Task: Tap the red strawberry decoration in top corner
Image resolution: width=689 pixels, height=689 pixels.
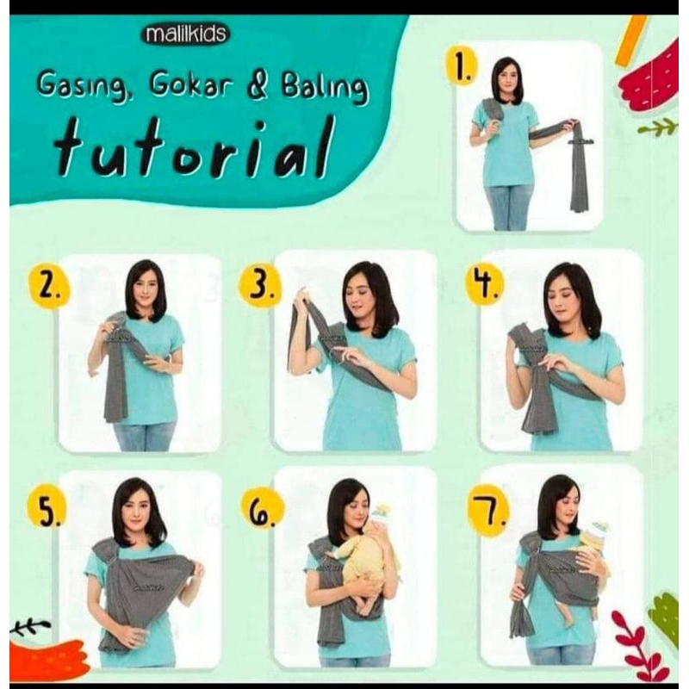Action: (x=653, y=78)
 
